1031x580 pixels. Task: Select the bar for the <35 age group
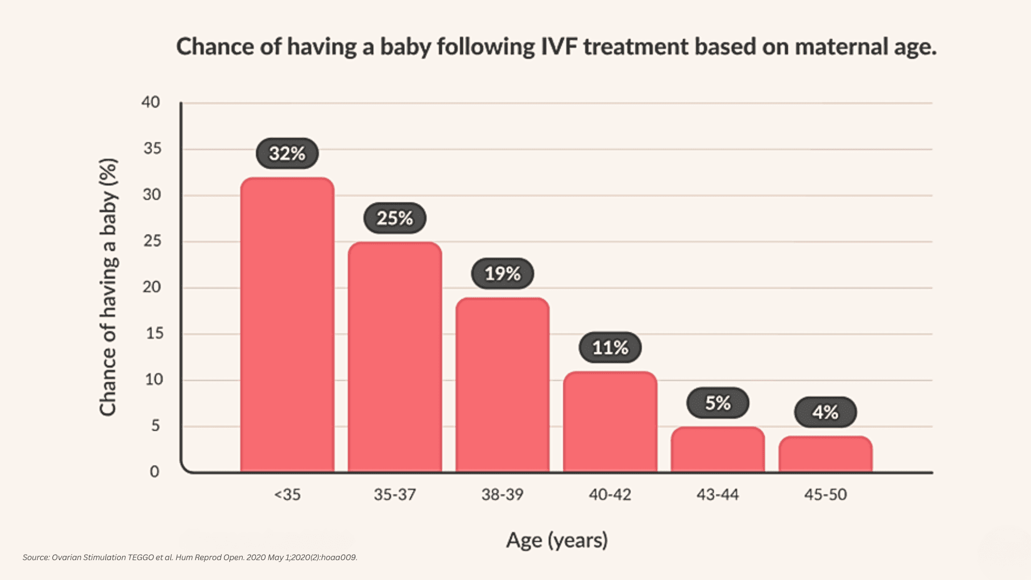287,325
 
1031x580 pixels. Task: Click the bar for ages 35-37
395,357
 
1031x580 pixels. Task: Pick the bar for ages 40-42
610,422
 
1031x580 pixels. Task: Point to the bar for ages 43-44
717,450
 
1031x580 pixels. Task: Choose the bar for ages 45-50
825,454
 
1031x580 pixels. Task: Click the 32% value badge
287,154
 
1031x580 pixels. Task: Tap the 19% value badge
503,274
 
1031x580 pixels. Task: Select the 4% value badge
825,412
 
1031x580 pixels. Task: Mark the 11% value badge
610,347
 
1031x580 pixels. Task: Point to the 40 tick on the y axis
151,102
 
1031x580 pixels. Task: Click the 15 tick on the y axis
155,334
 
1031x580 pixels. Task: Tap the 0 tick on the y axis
155,472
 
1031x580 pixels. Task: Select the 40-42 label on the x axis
610,494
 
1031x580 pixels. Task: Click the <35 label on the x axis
287,494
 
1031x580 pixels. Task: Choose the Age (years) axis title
557,540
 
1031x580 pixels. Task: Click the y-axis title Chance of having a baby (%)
108,287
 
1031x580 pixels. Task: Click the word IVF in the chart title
558,47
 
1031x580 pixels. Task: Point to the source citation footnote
190,557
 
